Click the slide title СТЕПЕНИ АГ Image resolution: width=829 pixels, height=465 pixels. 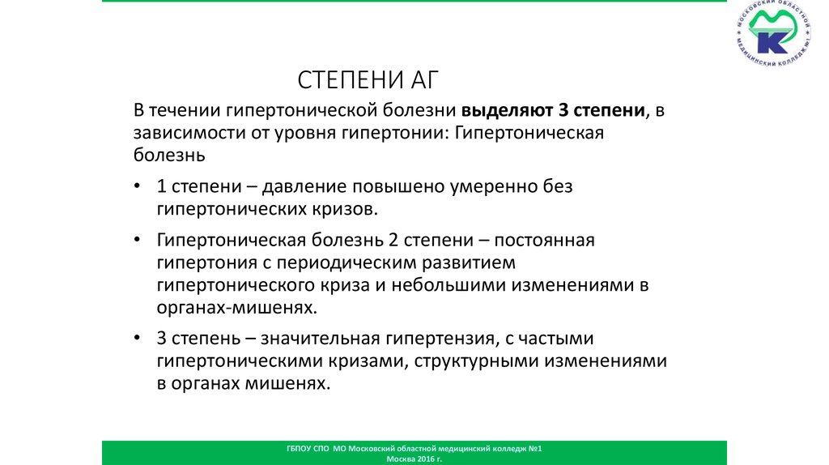click(372, 79)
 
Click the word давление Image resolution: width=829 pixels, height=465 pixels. click(304, 186)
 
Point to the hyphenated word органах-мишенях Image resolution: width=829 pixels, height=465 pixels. click(233, 308)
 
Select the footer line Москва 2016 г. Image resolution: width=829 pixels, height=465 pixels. click(414, 459)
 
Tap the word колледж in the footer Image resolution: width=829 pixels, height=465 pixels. click(508, 448)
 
